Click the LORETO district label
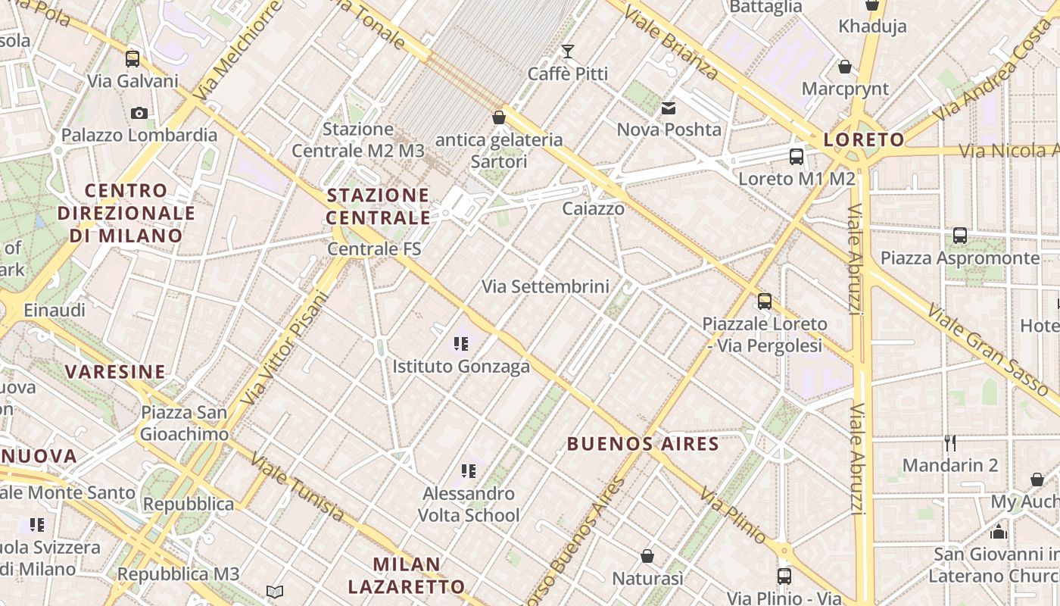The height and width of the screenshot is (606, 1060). tap(864, 139)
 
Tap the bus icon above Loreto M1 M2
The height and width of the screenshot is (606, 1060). tap(797, 157)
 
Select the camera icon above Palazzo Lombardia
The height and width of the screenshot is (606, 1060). tap(139, 114)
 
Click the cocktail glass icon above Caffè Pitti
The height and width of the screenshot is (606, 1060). tap(567, 52)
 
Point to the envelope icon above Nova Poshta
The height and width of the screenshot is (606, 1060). tap(669, 108)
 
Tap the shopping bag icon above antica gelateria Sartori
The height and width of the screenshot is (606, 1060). tap(498, 117)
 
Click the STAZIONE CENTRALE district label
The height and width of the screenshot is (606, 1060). tap(378, 207)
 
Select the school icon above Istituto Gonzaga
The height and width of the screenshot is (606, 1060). tap(461, 344)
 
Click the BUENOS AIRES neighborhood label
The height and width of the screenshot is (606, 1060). tap(643, 444)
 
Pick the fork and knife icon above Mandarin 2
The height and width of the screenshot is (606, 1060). tap(950, 442)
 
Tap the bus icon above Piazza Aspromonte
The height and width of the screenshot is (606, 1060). tap(960, 236)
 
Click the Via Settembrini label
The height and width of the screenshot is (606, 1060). tap(545, 286)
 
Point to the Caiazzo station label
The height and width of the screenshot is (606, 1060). tap(594, 208)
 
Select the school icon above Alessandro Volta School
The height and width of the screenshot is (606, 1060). tap(469, 471)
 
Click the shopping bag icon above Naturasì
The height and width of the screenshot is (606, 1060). tap(647, 557)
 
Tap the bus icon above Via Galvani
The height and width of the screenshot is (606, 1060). tap(132, 58)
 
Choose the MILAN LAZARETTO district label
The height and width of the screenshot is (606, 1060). tap(407, 575)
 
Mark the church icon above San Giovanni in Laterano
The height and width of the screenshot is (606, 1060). tap(998, 532)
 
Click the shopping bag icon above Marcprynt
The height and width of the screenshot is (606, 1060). tap(845, 67)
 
